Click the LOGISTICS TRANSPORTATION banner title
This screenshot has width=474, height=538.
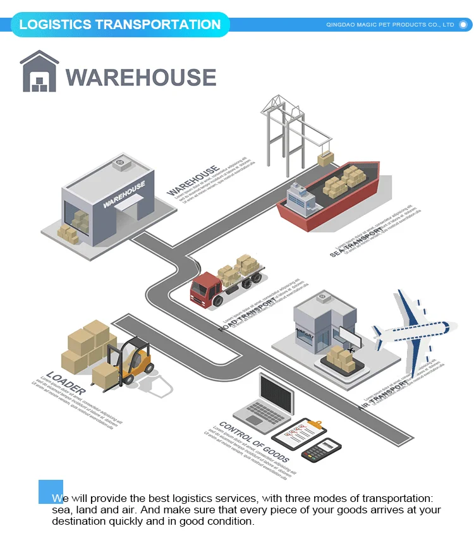click(120, 25)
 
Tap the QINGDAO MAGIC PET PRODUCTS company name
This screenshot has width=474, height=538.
click(390, 25)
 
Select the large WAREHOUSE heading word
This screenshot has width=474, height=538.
click(141, 78)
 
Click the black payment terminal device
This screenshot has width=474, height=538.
click(321, 449)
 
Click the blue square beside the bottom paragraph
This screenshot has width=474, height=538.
click(51, 492)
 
